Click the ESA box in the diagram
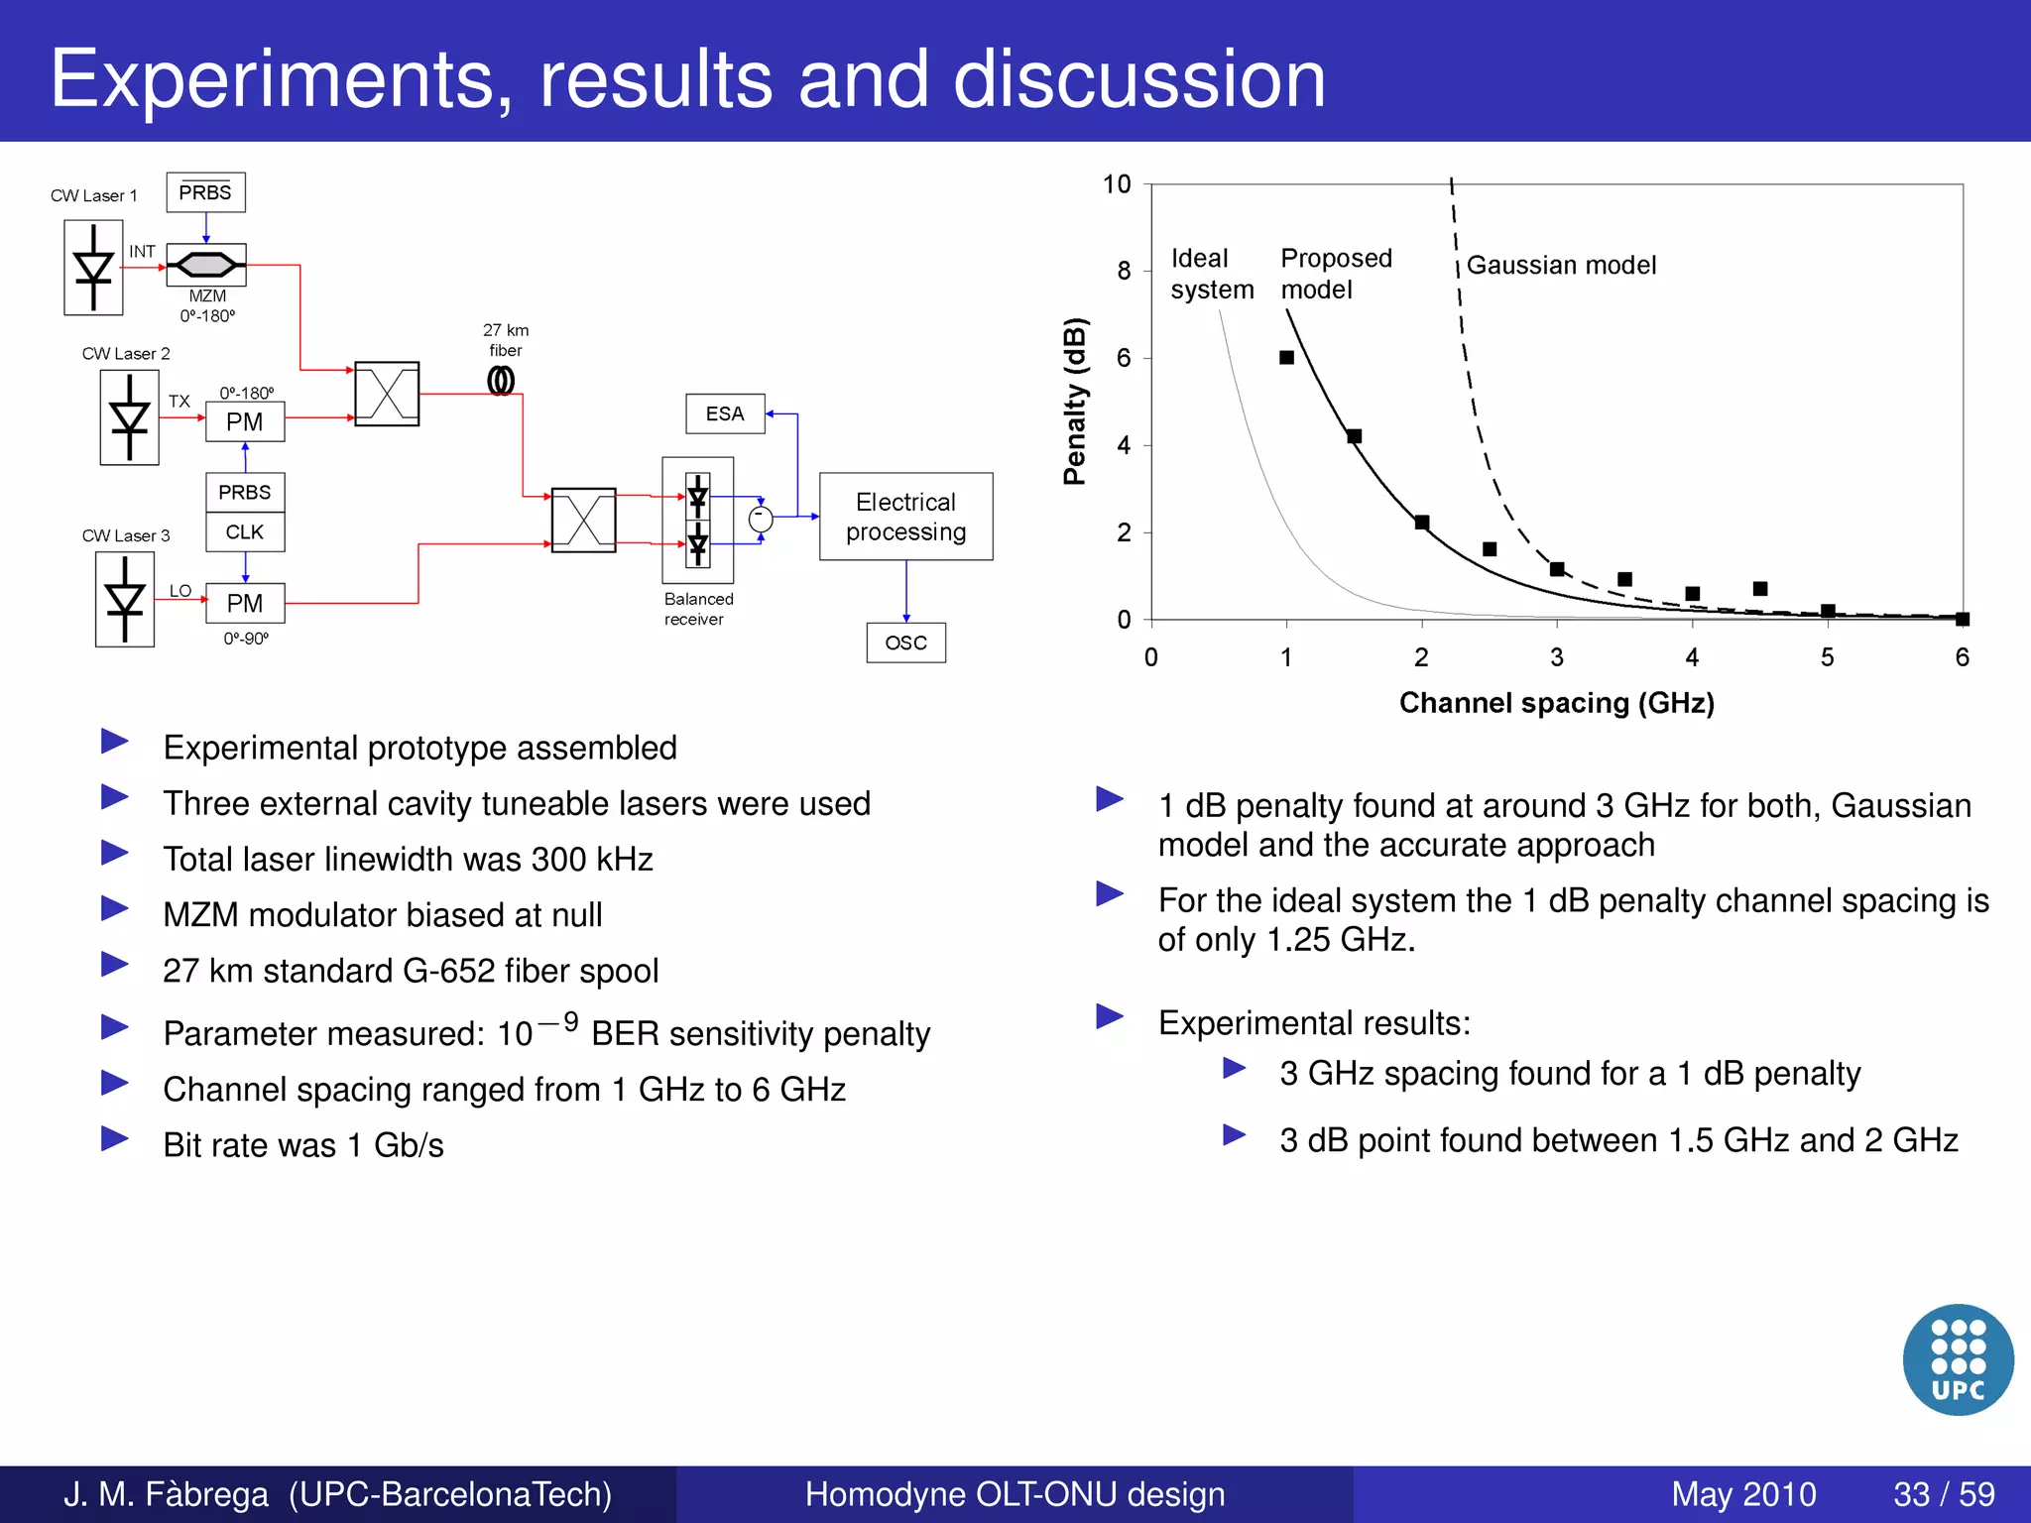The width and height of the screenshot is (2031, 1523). [725, 413]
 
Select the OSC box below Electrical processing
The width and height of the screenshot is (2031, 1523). [905, 643]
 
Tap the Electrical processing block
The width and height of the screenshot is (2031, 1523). [905, 517]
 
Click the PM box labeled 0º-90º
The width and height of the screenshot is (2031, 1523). [245, 603]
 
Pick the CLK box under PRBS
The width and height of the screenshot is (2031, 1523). [245, 532]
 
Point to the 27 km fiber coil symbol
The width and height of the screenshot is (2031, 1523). [501, 381]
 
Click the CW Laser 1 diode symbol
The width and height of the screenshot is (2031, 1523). [94, 268]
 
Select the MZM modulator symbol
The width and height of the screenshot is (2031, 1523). [206, 265]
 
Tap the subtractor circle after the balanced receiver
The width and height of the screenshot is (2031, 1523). [761, 518]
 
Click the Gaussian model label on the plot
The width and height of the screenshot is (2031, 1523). [1561, 265]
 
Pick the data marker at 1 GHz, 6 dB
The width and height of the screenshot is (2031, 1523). [1286, 357]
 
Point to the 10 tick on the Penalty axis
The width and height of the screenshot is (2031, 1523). [1117, 184]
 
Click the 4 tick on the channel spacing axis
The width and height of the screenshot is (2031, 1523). [1692, 657]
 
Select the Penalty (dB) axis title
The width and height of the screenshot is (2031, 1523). [1075, 402]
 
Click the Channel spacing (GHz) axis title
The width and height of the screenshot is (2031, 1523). [1556, 703]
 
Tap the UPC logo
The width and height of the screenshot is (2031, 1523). [1958, 1359]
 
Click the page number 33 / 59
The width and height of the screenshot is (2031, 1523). [1944, 1494]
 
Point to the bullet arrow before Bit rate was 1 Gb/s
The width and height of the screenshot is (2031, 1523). [115, 1139]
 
